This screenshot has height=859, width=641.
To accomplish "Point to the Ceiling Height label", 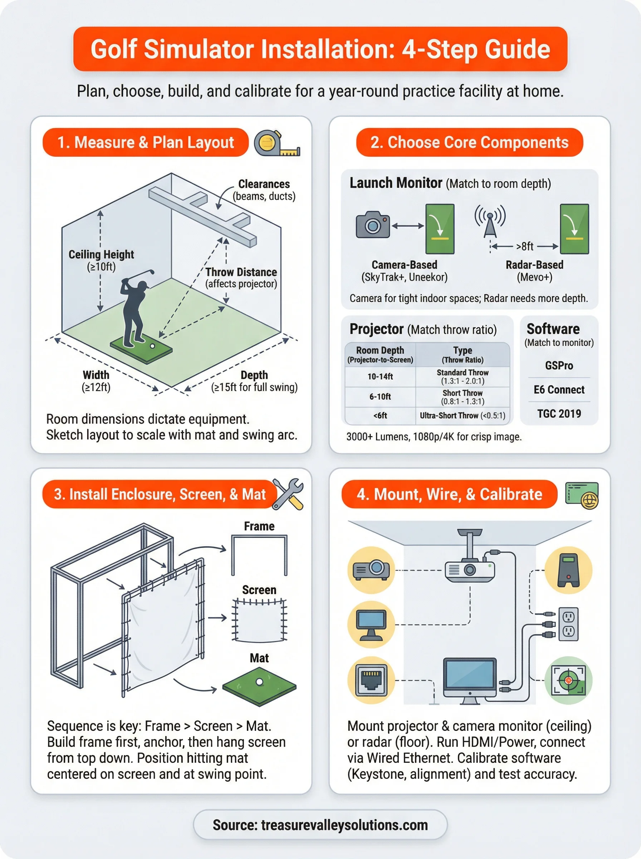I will click(x=101, y=254).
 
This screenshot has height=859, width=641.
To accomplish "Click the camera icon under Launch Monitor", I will click(x=372, y=225).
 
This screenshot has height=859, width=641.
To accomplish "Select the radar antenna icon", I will click(x=490, y=221).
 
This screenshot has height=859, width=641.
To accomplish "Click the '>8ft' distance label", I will click(x=525, y=247).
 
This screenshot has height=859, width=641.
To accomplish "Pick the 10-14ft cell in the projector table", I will click(x=380, y=377).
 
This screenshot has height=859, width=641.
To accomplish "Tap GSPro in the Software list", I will click(x=559, y=366).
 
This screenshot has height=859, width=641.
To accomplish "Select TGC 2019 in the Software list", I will click(x=559, y=414).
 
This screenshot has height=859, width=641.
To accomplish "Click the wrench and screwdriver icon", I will click(x=288, y=494).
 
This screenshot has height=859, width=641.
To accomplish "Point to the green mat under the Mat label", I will click(x=259, y=686).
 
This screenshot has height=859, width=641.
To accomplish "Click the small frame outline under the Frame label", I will click(x=259, y=555).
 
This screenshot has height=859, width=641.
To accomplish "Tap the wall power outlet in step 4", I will click(x=568, y=624).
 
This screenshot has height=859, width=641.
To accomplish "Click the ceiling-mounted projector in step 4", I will click(x=470, y=570).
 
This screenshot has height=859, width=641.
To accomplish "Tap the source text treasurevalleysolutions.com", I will click(x=344, y=825).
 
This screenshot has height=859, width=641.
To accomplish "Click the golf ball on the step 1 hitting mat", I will click(x=152, y=346).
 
